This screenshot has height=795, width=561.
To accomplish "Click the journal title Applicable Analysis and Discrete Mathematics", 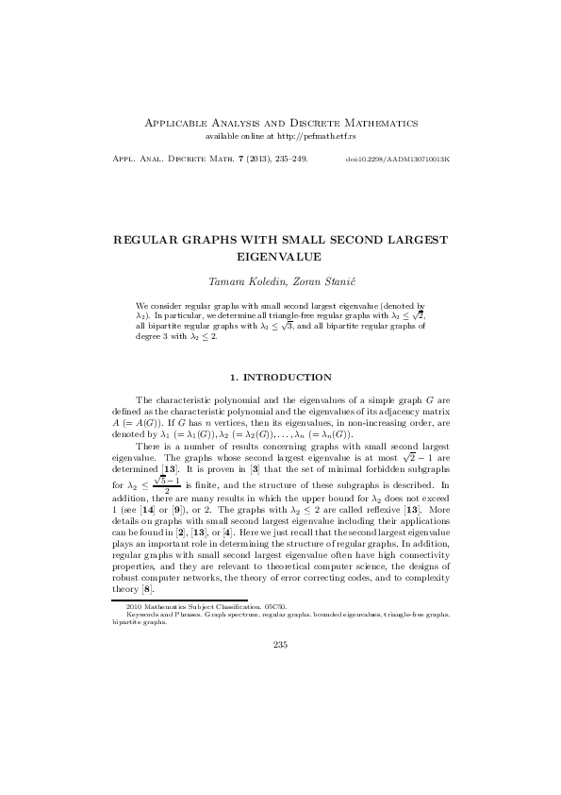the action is [280, 124].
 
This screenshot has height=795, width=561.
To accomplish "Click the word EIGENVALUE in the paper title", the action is [280, 255].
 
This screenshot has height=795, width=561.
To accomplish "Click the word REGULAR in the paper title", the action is [147, 241].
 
